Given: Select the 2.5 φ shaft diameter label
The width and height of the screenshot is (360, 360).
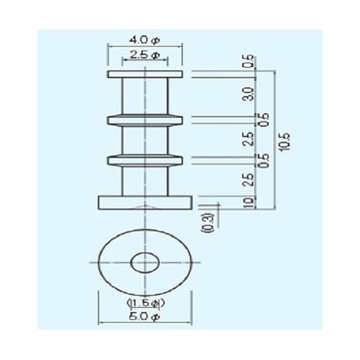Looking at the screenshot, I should tap(145, 55).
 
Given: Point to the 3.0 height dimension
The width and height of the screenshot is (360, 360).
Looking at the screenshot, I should tap(248, 94).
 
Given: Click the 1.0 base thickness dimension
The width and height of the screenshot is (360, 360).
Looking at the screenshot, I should tap(248, 202).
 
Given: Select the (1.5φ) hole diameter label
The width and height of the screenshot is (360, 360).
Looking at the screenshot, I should tap(146, 304).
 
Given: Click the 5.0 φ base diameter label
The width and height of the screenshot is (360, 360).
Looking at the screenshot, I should tap(145, 318).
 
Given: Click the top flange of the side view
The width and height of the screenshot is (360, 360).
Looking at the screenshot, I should tap(145, 74).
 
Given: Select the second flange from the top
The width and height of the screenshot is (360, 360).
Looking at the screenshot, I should tap(145, 118).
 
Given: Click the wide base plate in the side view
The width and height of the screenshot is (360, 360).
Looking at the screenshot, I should tap(145, 202).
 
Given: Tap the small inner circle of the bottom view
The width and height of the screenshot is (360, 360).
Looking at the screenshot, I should tap(145, 262).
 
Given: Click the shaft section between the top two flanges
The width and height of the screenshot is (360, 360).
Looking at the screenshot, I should tap(145, 96).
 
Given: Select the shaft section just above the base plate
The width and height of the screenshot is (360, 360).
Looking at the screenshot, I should tap(145, 179).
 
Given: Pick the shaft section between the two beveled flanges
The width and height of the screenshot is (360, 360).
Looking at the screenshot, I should tap(145, 138).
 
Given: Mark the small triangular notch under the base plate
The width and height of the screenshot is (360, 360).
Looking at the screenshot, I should tap(146, 210).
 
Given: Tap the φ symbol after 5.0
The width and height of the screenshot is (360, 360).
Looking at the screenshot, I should tap(159, 318).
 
